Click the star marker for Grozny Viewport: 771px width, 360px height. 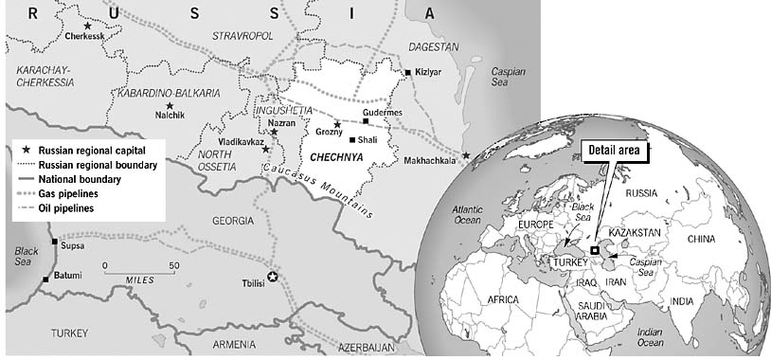pyautogui.click(x=337, y=124)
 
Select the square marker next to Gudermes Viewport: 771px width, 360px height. pyautogui.click(x=366, y=121)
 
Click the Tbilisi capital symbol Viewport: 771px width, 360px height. pyautogui.click(x=274, y=277)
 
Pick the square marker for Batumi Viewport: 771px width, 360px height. pyautogui.click(x=45, y=279)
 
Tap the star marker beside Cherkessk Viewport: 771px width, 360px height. pyautogui.click(x=87, y=26)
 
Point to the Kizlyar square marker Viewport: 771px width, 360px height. pyautogui.click(x=408, y=72)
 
